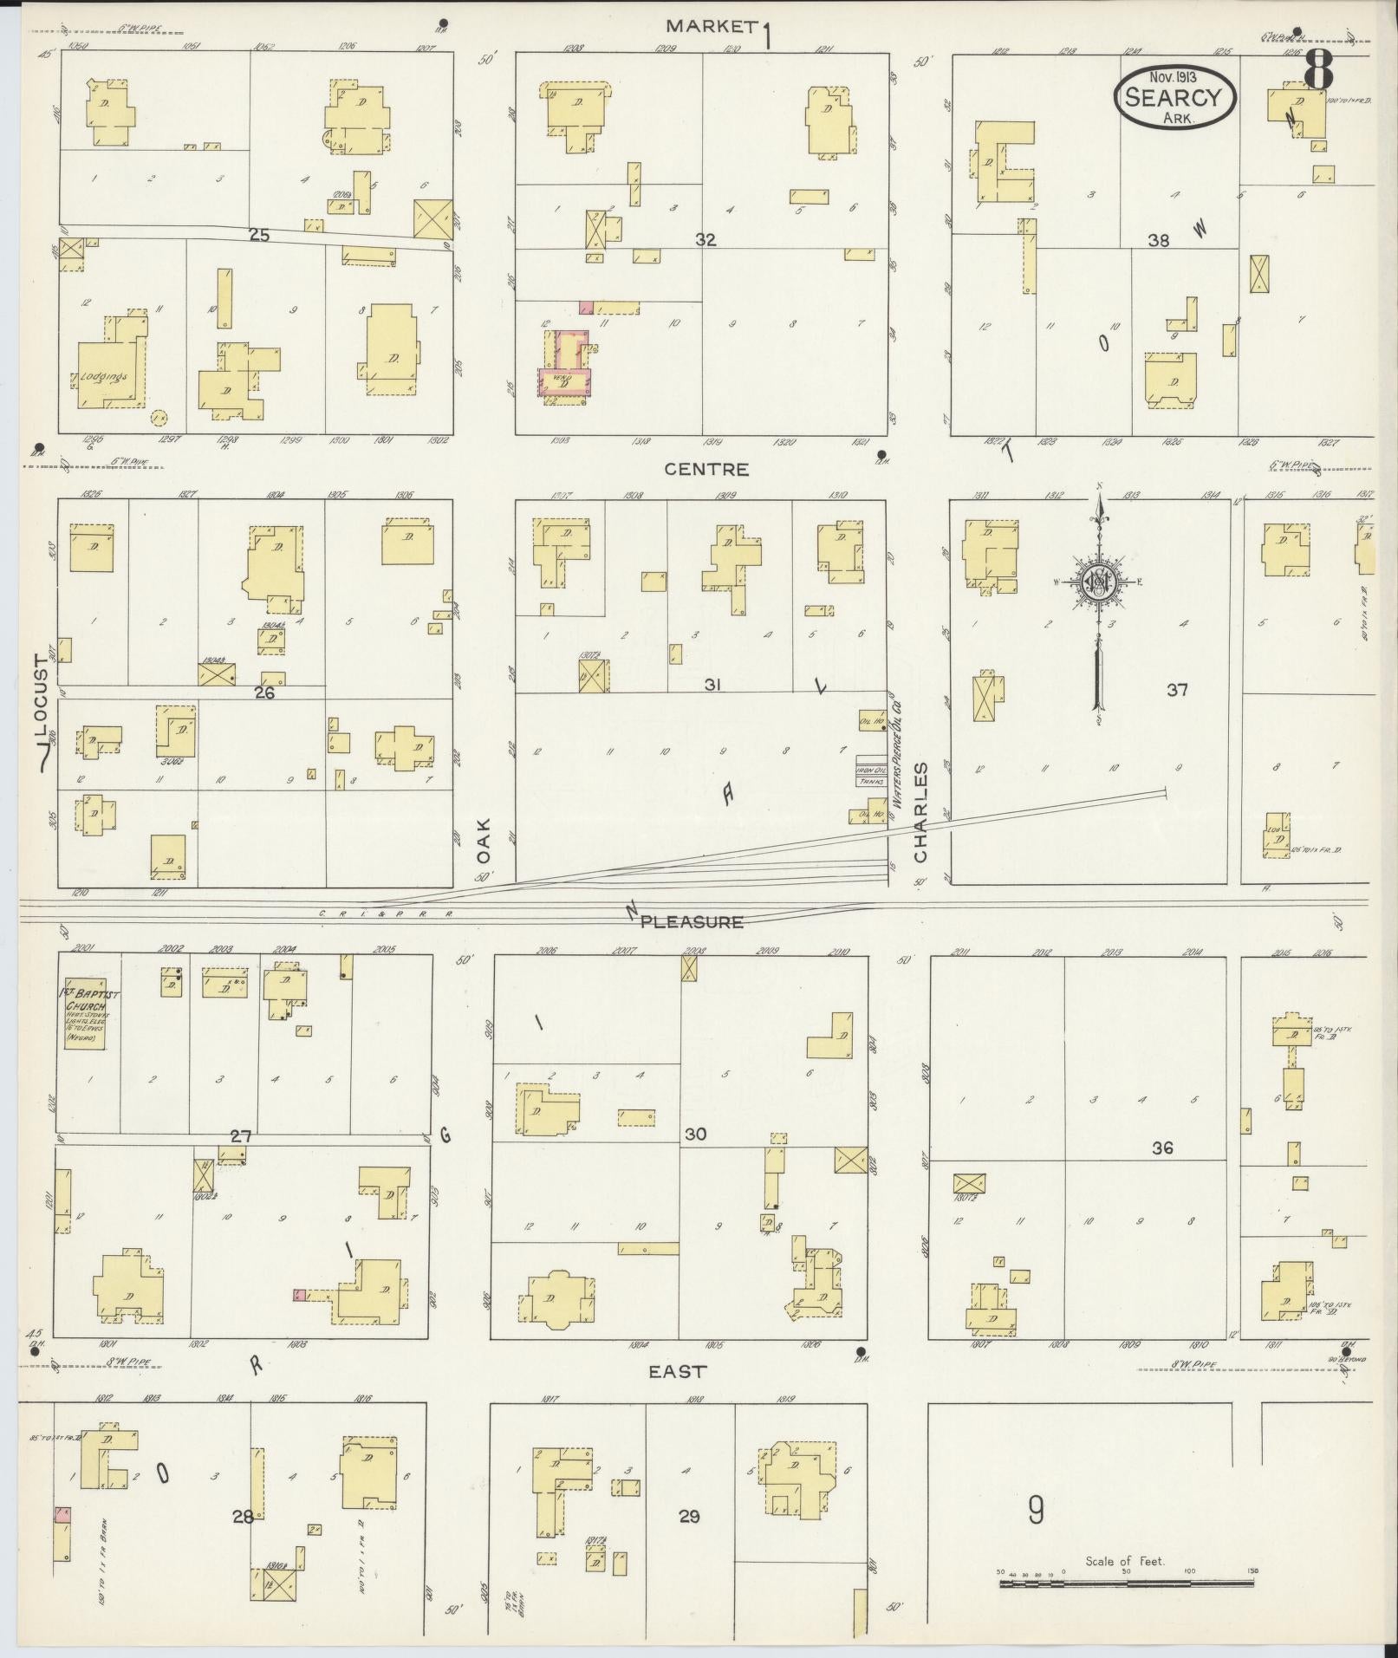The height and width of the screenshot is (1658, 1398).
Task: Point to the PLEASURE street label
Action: tap(692, 921)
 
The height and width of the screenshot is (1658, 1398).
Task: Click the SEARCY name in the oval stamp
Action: tap(1174, 97)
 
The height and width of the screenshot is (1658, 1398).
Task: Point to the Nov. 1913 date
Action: tap(1174, 77)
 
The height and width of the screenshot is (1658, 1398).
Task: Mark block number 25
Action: tap(259, 234)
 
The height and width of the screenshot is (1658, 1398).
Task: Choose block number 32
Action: tap(706, 240)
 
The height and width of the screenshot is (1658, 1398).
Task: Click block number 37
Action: tap(1176, 690)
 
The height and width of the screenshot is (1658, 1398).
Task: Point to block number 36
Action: tap(1162, 1148)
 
